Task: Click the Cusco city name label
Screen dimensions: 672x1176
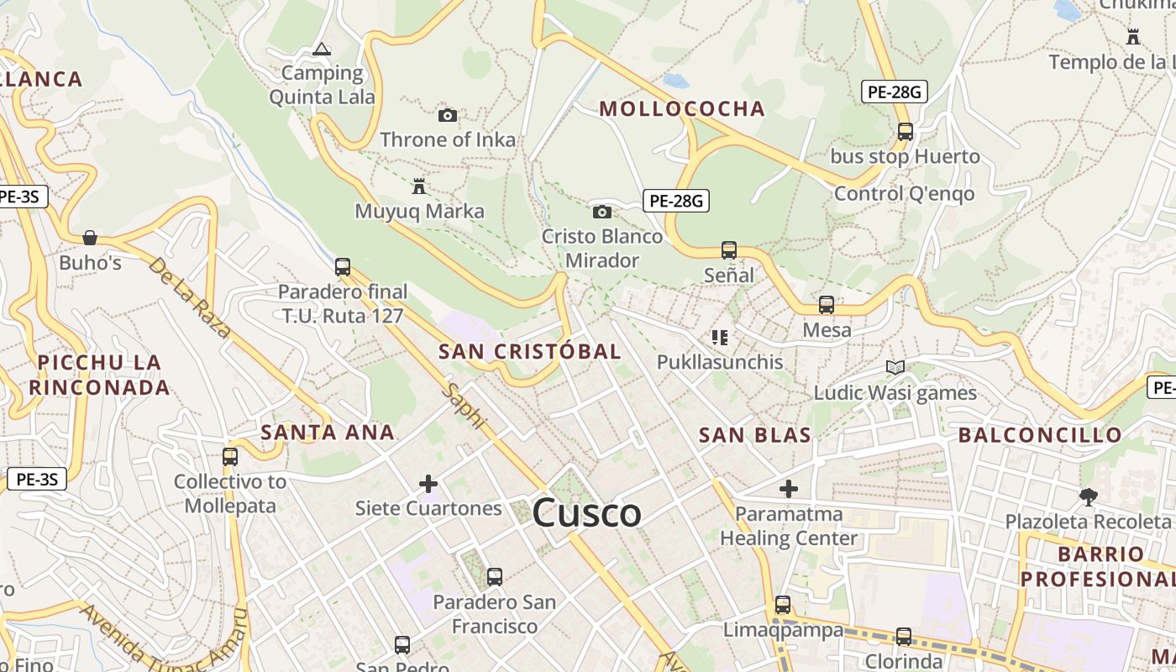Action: [x=587, y=512]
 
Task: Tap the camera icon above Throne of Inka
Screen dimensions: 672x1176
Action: [x=448, y=115]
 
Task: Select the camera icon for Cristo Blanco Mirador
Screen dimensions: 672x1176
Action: [x=601, y=212]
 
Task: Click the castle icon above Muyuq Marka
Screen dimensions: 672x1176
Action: [x=419, y=186]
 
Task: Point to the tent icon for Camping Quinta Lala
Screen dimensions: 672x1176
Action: [x=322, y=50]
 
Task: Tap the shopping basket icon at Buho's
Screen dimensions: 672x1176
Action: [x=90, y=238]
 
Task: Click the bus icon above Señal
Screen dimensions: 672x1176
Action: [x=728, y=250]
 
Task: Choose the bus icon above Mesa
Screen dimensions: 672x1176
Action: [x=827, y=305]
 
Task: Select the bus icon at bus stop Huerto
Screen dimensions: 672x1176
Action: [x=905, y=132]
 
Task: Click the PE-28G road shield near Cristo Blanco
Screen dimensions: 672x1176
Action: [x=676, y=201]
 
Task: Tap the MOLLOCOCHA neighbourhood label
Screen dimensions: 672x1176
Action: [x=682, y=108]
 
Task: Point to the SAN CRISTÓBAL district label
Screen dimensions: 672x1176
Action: [x=530, y=351]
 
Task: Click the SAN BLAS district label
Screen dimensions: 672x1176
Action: [x=755, y=434]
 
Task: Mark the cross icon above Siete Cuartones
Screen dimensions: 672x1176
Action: [x=428, y=484]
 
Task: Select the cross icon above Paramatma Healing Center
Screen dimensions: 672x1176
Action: [x=788, y=488]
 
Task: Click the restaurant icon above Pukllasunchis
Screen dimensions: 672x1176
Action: [x=719, y=338]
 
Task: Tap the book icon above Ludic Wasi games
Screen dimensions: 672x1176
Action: [x=895, y=367]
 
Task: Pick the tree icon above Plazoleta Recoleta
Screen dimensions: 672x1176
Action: [x=1088, y=497]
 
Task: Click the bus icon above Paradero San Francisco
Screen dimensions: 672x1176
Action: [x=495, y=577]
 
